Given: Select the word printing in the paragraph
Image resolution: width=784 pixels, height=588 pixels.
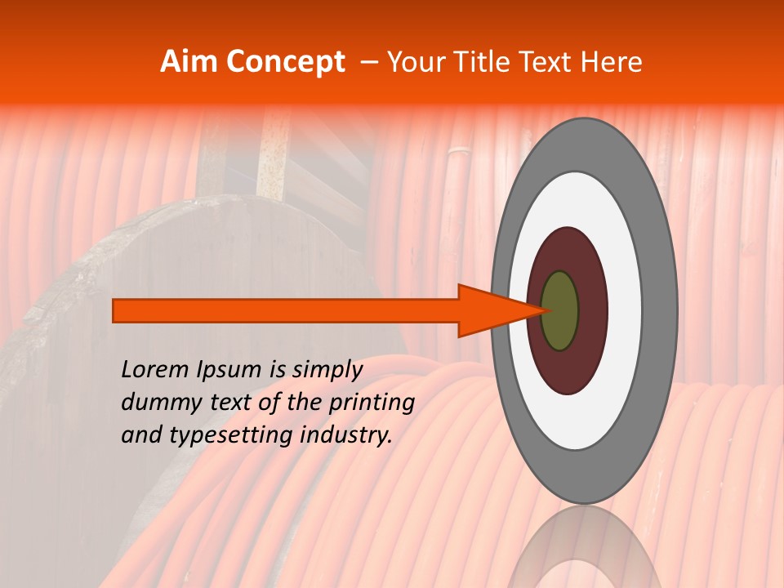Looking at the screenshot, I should coord(371,403).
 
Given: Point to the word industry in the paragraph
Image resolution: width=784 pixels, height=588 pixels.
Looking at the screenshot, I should coord(346,435).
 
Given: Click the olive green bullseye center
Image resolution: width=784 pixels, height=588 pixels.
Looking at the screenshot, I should coord(560,311).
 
